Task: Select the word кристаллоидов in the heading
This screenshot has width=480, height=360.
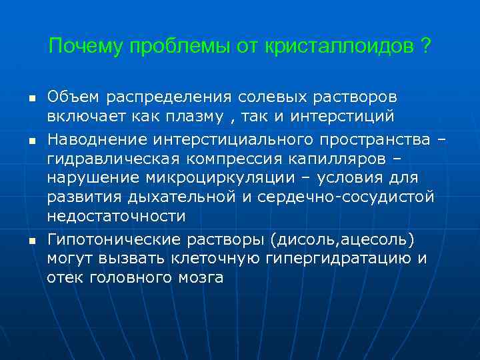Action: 337,46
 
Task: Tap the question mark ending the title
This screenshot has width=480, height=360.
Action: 425,46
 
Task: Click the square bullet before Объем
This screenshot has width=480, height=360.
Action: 31,99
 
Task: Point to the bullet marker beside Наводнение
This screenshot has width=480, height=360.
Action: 31,141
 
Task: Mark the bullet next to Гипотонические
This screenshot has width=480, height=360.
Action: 31,239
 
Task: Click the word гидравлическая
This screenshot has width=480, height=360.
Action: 109,159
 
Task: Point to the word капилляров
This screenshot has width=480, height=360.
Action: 325,159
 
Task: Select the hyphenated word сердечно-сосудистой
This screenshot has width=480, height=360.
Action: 347,197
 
